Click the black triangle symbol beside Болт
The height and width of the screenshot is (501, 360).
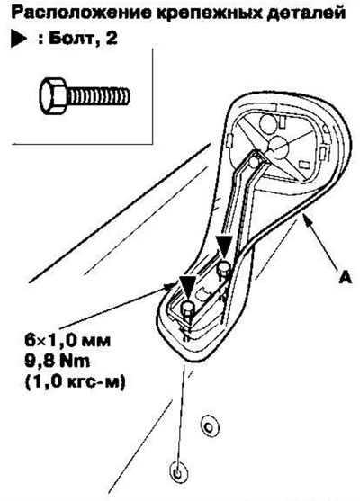(19, 40)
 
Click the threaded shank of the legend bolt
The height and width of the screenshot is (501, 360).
(98, 96)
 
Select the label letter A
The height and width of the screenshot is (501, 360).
(346, 277)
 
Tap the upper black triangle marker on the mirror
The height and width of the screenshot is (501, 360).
(224, 246)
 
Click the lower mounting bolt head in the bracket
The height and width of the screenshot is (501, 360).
(188, 308)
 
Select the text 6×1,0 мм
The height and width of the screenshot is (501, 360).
(67, 341)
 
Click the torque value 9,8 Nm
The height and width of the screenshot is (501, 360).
(58, 361)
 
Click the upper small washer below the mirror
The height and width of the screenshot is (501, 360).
(209, 426)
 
